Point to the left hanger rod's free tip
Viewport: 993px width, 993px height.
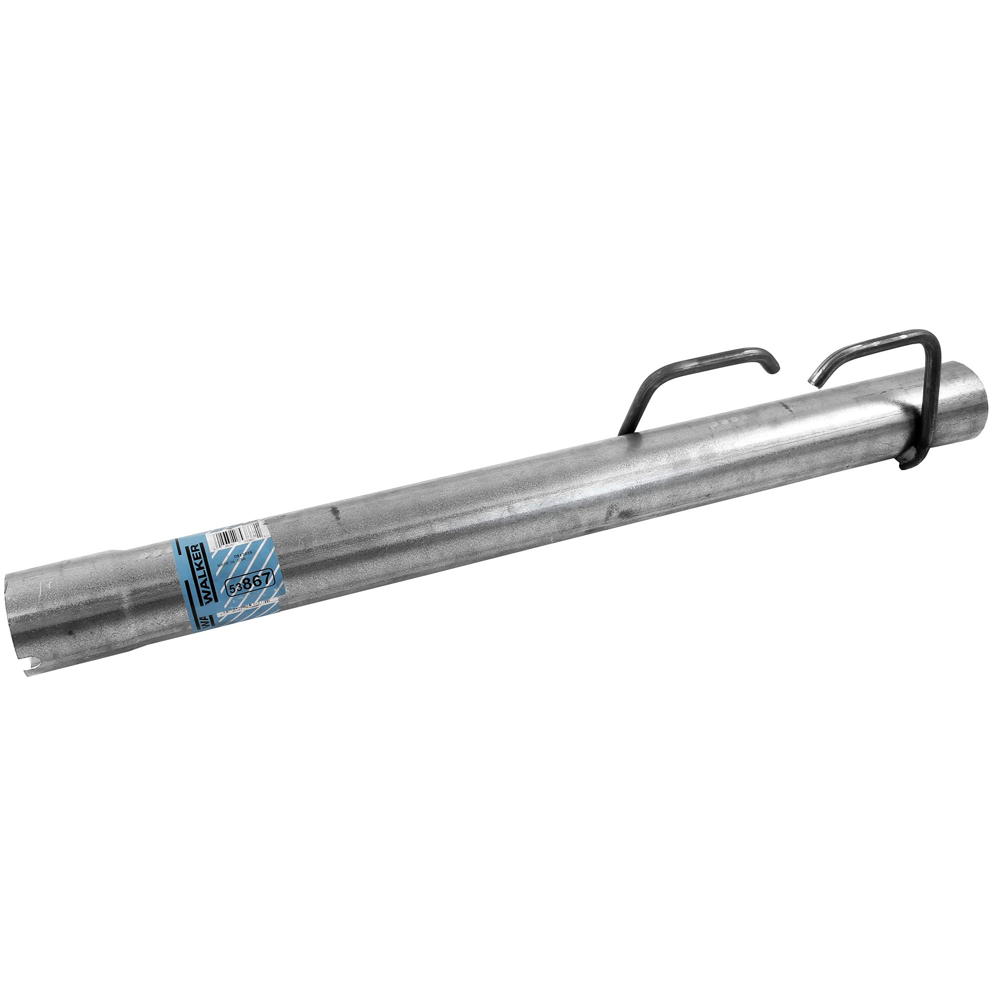tap(775, 366)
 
